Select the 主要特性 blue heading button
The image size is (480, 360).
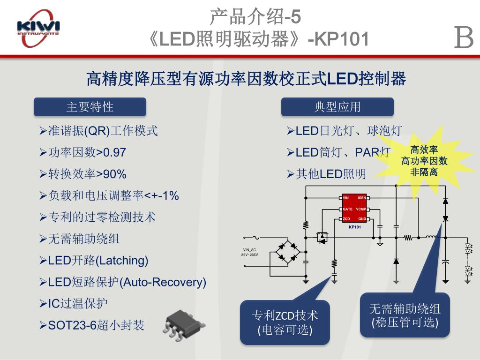(x=90, y=107)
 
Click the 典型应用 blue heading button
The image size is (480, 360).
(x=337, y=107)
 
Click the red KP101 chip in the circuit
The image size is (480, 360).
(x=354, y=208)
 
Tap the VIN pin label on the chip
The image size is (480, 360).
(x=346, y=198)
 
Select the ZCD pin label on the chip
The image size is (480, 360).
(x=346, y=219)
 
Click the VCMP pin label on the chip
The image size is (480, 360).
(x=361, y=209)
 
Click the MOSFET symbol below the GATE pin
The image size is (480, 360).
(x=322, y=237)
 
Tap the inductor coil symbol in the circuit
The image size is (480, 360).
(x=432, y=237)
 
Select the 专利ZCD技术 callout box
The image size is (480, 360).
(x=285, y=322)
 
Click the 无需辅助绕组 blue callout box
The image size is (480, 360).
(x=405, y=315)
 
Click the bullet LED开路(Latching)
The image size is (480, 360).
(x=98, y=260)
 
